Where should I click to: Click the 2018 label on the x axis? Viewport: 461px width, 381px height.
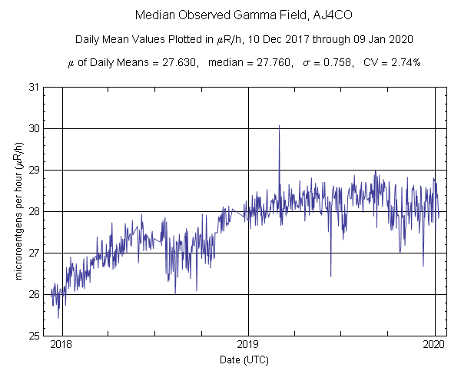[x=61, y=346]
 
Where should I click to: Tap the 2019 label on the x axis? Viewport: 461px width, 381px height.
[x=248, y=346]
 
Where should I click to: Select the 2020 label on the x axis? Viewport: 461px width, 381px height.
[x=435, y=346]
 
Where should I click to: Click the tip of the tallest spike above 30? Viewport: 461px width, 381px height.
[x=279, y=125]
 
